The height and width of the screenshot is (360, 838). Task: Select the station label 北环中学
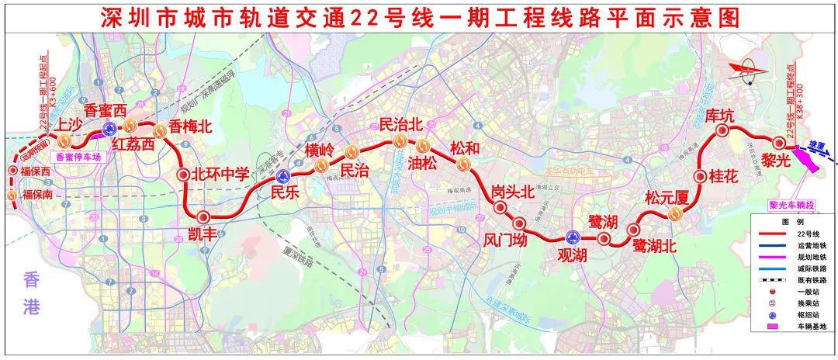click(x=222, y=174)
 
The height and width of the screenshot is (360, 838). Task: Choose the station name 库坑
click(x=719, y=116)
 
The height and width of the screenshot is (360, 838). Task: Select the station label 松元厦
click(x=667, y=199)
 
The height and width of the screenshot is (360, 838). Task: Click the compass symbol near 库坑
click(x=751, y=71)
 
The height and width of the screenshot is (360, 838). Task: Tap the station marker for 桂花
click(x=701, y=176)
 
